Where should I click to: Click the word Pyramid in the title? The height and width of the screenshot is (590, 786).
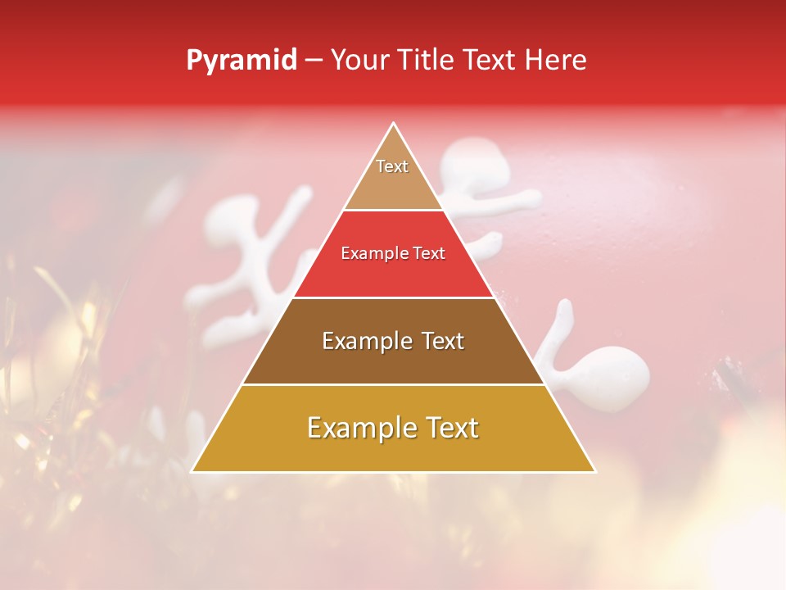[x=241, y=61]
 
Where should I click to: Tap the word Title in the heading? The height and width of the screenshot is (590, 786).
[x=426, y=61]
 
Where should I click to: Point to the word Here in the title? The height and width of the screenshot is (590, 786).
[x=556, y=61]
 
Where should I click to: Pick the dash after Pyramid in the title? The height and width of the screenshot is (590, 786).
[x=313, y=61]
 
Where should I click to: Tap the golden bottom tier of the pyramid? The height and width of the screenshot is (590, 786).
[x=393, y=451]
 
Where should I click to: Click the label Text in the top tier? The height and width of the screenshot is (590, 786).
[x=392, y=166]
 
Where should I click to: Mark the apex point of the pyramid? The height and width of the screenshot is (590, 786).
[x=394, y=124]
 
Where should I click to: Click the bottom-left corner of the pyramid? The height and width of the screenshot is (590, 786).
[x=192, y=471]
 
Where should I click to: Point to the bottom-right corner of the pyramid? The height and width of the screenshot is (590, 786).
[x=595, y=471]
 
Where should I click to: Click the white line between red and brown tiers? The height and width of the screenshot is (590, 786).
[x=393, y=297]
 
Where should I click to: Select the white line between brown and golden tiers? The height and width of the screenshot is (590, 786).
[x=393, y=384]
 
